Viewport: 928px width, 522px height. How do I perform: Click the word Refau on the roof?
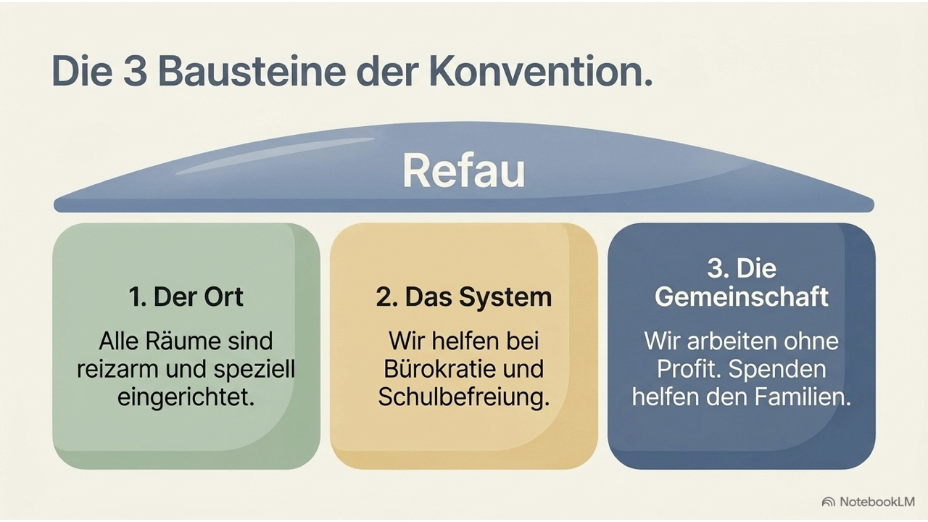point(463,170)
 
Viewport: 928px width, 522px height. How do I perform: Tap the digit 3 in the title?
point(135,71)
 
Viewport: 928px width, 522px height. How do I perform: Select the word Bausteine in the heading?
point(252,71)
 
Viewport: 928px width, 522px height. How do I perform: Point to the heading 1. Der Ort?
point(186,297)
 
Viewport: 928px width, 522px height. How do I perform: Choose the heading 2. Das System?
point(463,297)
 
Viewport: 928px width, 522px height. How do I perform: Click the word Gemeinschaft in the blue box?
point(741,297)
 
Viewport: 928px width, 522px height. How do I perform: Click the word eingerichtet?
point(186,397)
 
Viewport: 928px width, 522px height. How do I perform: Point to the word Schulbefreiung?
point(463,397)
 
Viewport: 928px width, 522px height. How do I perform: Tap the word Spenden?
point(777,369)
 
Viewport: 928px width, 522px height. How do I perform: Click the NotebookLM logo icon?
point(828,502)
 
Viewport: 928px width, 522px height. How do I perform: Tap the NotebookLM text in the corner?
point(877,502)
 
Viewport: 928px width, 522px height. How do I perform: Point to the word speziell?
point(254,370)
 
